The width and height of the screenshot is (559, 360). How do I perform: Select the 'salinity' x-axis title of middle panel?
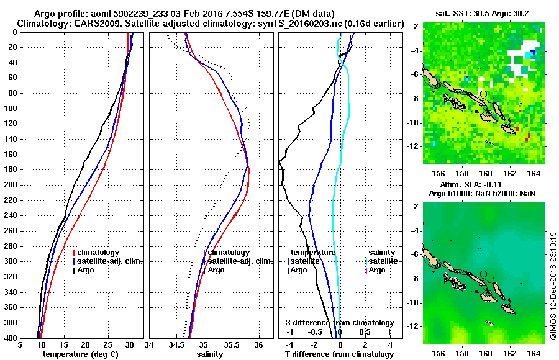[x=211, y=354]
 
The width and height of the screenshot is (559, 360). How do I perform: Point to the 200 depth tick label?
[x=11, y=185]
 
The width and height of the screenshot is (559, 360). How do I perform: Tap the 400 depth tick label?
[x=11, y=338]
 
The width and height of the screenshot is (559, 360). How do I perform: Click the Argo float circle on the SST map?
[x=483, y=94]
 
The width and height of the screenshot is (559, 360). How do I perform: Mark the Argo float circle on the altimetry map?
[x=483, y=274]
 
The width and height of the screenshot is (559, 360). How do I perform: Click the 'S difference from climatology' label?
[x=340, y=323]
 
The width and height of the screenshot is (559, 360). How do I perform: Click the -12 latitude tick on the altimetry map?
[x=414, y=326]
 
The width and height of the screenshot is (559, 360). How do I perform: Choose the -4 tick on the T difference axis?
[x=289, y=345]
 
